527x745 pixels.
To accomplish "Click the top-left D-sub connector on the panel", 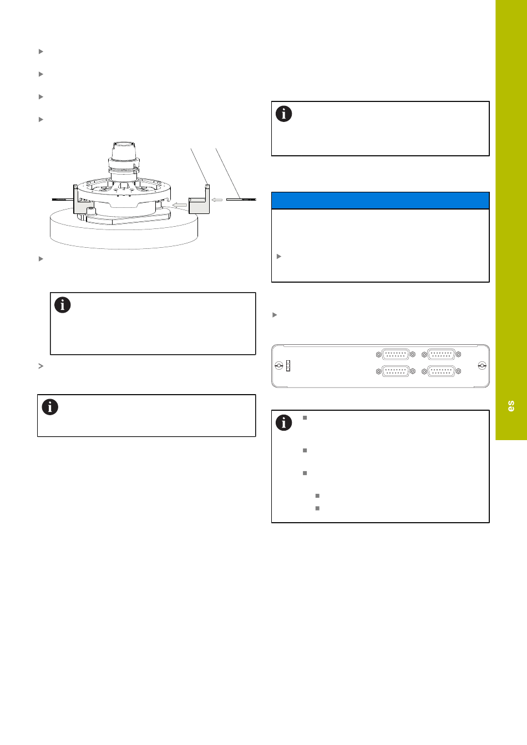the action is (396, 355).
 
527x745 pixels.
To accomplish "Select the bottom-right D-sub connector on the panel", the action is (441, 371).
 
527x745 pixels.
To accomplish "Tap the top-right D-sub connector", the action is (441, 355).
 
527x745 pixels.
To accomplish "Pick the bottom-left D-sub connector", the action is (396, 371).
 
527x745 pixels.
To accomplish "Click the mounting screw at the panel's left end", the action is (279, 366).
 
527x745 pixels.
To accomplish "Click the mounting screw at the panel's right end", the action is (482, 366).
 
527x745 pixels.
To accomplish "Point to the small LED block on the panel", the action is (288, 366).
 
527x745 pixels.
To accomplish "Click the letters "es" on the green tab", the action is (511, 406).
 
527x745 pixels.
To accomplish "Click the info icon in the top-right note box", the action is (283, 114).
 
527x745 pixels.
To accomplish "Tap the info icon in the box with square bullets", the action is (283, 423).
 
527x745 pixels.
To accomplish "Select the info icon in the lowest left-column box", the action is (50, 407).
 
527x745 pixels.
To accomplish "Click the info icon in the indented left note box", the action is (63, 305).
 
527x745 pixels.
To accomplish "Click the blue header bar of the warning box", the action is (380, 201).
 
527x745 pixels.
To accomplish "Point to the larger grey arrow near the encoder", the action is (179, 205).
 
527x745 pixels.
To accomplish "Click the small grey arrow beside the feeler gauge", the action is (217, 200).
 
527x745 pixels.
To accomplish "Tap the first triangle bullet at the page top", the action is (41, 52).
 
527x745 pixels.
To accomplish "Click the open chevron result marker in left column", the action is (41, 366).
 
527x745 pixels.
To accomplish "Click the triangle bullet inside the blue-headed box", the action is (279, 257).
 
